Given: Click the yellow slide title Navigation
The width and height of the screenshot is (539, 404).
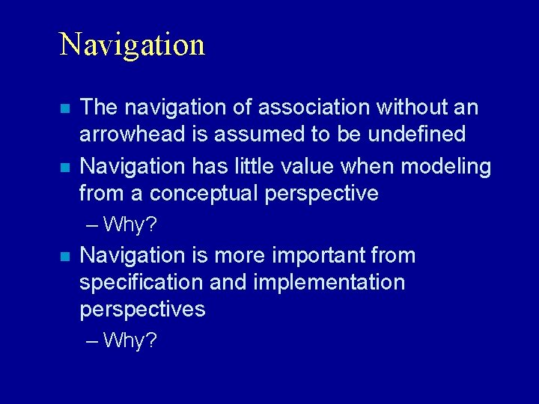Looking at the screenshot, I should (132, 45).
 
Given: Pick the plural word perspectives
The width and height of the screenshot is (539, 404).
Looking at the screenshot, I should (142, 310).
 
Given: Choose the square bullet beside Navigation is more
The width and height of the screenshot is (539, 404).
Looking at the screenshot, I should (65, 257).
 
